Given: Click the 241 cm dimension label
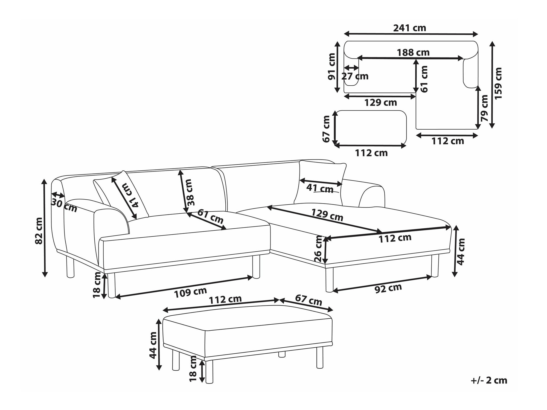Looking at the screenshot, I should pyautogui.click(x=409, y=28).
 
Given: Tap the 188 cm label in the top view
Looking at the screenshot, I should pyautogui.click(x=413, y=52).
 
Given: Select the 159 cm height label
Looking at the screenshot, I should pyautogui.click(x=498, y=83).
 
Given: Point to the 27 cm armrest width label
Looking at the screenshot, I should pyautogui.click(x=355, y=76).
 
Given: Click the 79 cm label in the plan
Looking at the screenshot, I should pyautogui.click(x=484, y=108).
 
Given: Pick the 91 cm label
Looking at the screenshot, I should pyautogui.click(x=331, y=67).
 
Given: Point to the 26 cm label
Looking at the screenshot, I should pyautogui.click(x=318, y=249).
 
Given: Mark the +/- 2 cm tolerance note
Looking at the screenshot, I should pyautogui.click(x=489, y=380).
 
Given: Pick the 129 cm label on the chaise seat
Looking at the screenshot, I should pyautogui.click(x=327, y=215).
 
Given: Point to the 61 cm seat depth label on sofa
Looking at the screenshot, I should pyautogui.click(x=210, y=216).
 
